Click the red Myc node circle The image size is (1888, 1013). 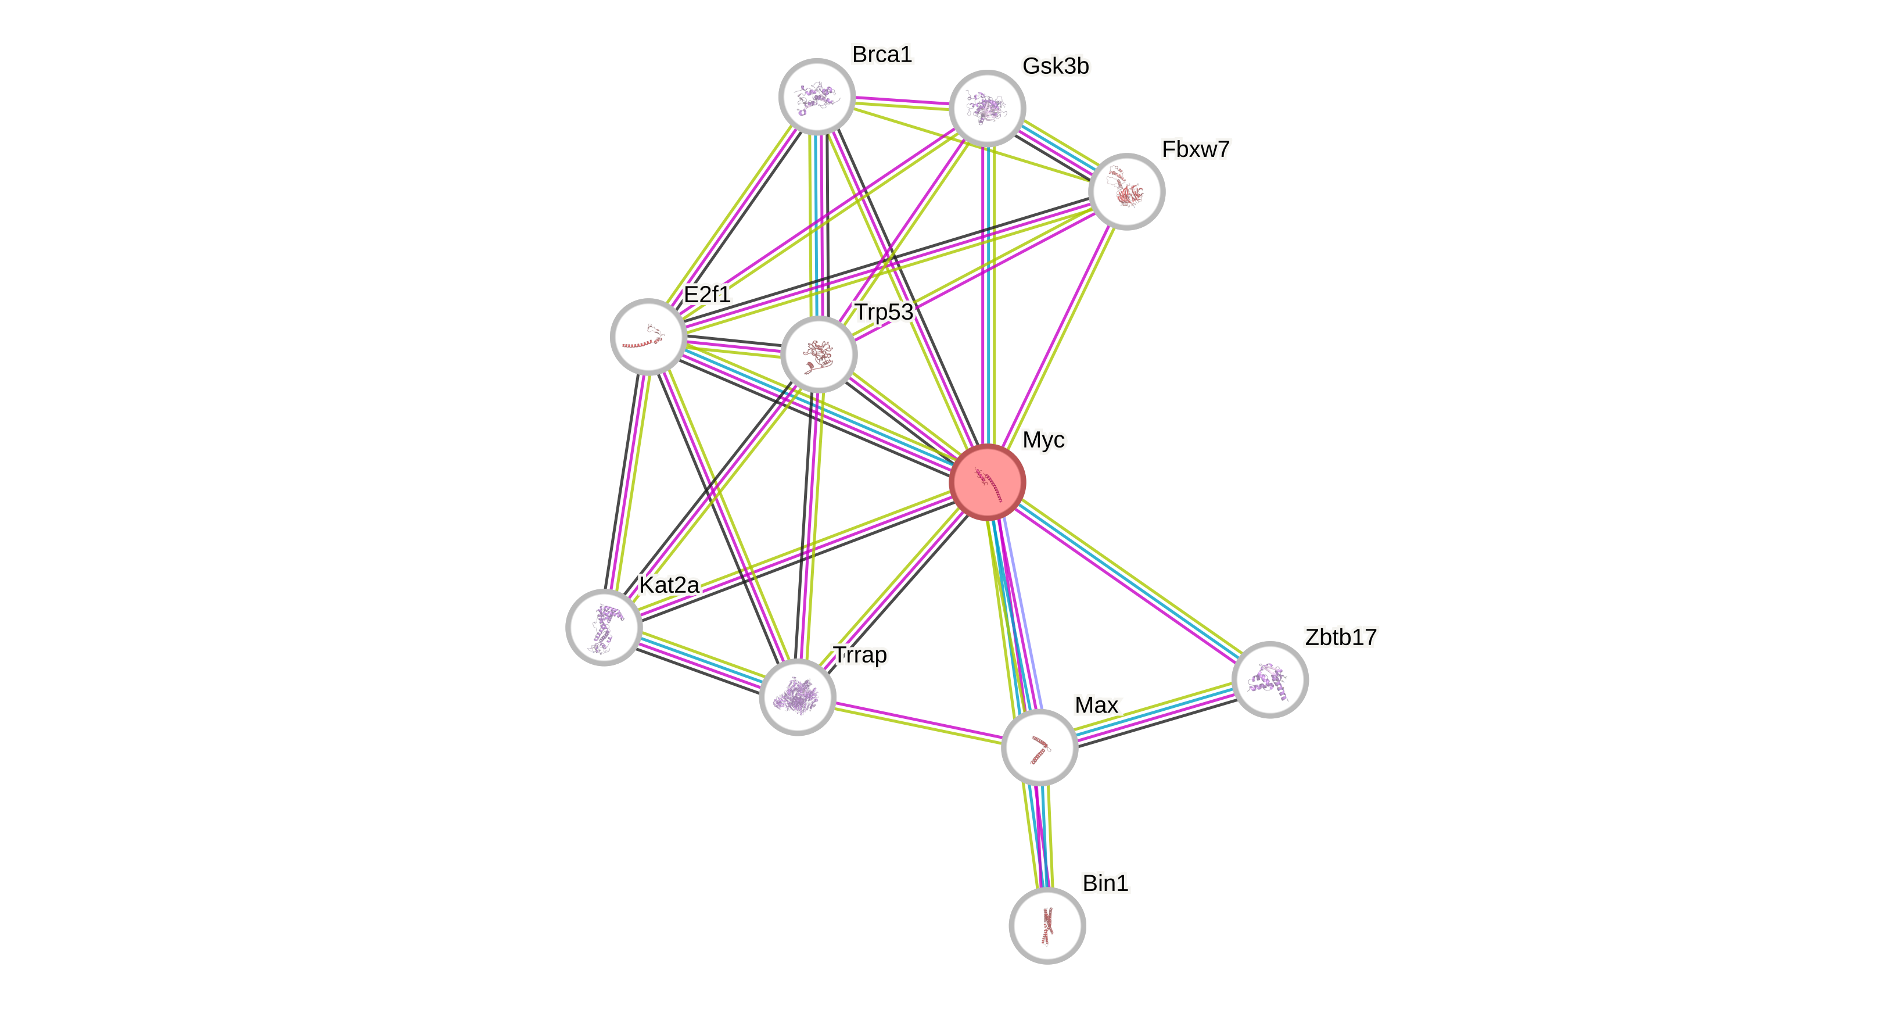click(987, 482)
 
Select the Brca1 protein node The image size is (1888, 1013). click(816, 96)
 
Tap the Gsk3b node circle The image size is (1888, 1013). click(986, 109)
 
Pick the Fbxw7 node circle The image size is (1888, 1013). click(1126, 192)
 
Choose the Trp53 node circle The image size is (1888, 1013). click(819, 355)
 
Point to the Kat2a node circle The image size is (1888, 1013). click(604, 628)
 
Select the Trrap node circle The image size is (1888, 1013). click(798, 696)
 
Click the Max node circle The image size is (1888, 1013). click(1039, 747)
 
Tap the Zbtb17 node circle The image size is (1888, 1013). click(1269, 679)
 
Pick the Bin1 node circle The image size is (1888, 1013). click(1047, 926)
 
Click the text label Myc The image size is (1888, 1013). click(1044, 440)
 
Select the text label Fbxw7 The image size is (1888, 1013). click(1196, 149)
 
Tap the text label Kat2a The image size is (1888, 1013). click(669, 585)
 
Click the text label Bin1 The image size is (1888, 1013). click(1105, 883)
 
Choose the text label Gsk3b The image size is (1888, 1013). click(1056, 66)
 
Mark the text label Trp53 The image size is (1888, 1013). click(885, 312)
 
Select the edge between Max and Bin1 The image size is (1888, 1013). click(1043, 836)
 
